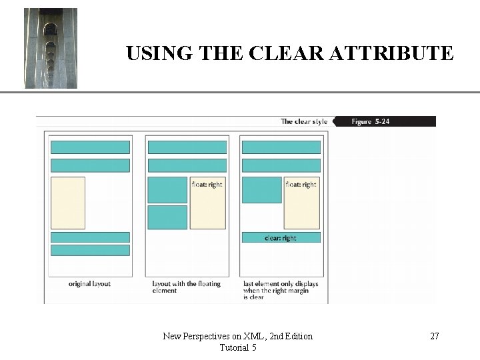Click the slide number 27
[x=434, y=336]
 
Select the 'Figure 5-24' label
[x=371, y=121]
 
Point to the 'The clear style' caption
[x=304, y=121]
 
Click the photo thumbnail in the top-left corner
[x=51, y=48]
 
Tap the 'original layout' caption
[x=89, y=283]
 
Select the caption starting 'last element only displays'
[x=281, y=290]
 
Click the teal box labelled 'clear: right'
[x=281, y=237]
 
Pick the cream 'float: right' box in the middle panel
[x=207, y=203]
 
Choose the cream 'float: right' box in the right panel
[x=301, y=203]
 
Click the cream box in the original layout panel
[x=68, y=203]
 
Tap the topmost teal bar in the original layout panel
[x=90, y=147]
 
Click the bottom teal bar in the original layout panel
[x=90, y=250]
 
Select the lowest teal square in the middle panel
[x=167, y=217]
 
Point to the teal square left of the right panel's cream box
[x=261, y=190]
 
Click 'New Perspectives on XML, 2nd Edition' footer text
[x=237, y=336]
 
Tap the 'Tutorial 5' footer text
[x=237, y=347]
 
